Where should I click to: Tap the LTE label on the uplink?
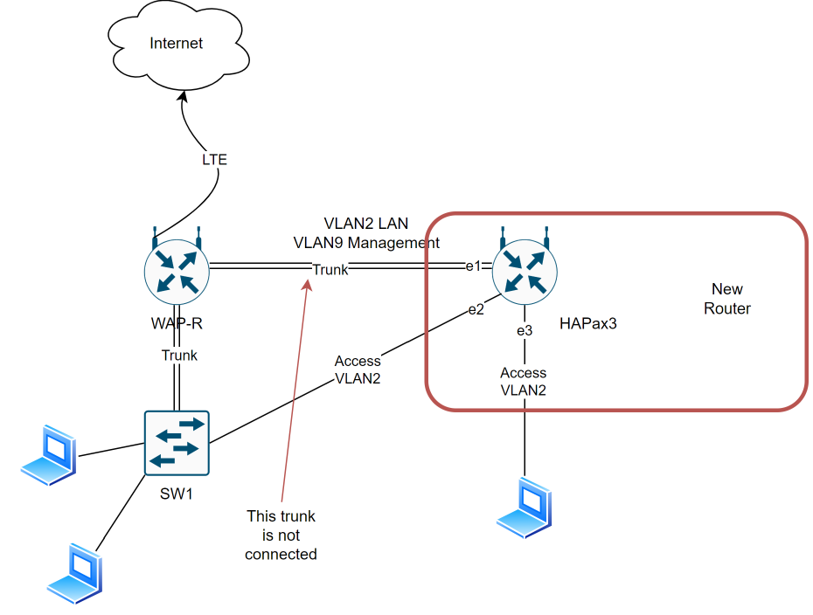[214, 160]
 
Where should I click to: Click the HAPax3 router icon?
[525, 268]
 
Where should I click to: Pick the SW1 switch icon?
[177, 443]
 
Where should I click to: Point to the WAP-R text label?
[177, 324]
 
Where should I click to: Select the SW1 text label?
[176, 494]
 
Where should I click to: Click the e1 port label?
[474, 266]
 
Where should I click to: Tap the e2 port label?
[476, 309]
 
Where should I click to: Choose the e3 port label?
[524, 330]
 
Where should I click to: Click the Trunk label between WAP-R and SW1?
[179, 355]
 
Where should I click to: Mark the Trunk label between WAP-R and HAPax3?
[330, 269]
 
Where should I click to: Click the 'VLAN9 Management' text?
[366, 242]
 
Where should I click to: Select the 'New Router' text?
[726, 299]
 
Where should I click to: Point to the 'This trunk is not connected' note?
[281, 535]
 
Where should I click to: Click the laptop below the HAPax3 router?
[525, 506]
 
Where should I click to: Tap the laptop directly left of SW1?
[48, 454]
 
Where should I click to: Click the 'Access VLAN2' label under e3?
[523, 382]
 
